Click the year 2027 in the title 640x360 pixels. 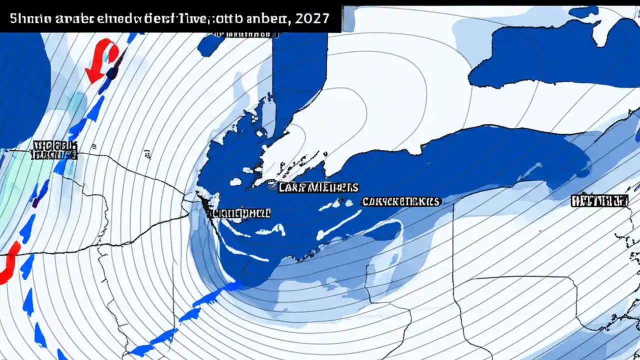(312, 19)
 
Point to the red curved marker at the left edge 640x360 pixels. (11, 263)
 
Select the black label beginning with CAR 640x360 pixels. (318, 187)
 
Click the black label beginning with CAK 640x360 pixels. (401, 201)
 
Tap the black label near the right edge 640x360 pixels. (598, 201)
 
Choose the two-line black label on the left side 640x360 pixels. (54, 150)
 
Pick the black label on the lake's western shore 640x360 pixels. (238, 213)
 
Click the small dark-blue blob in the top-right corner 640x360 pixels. (583, 11)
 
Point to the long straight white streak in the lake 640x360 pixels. (340, 225)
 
